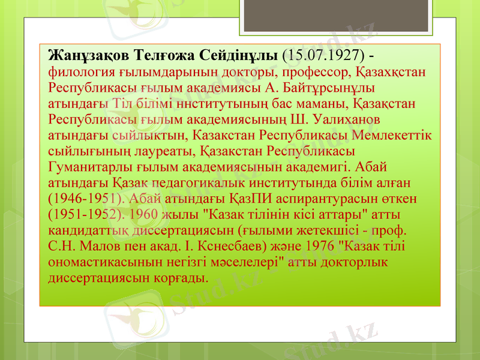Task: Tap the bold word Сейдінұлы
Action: pos(241,56)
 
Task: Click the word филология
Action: pos(78,72)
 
